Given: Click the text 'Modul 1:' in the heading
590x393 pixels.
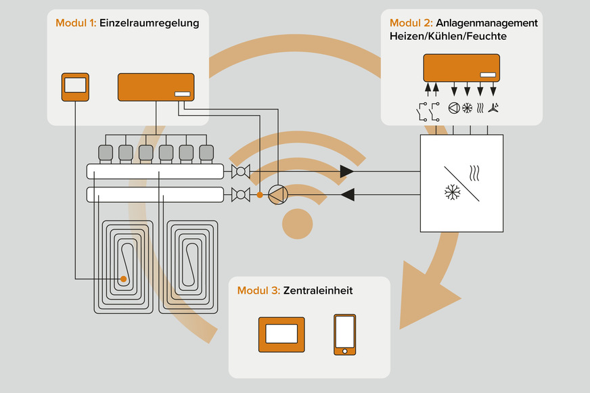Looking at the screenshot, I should coord(75,23).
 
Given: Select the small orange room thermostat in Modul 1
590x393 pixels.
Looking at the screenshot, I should coord(75,87).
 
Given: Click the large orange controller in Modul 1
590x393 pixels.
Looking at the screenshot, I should coord(157,87).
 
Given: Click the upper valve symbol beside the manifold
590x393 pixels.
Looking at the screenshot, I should coord(238,172).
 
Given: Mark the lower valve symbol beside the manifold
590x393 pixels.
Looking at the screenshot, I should coord(238,195).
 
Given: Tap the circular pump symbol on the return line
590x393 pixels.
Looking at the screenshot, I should coord(278,195).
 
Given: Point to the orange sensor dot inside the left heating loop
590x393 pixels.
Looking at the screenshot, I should coord(124,279).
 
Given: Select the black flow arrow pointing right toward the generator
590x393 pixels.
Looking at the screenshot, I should coord(346,172).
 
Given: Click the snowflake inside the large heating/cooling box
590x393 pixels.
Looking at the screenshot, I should coord(451,193).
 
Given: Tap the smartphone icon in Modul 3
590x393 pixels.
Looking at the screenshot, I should coord(344,334).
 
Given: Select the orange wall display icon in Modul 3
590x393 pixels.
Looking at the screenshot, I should coord(281,334).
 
